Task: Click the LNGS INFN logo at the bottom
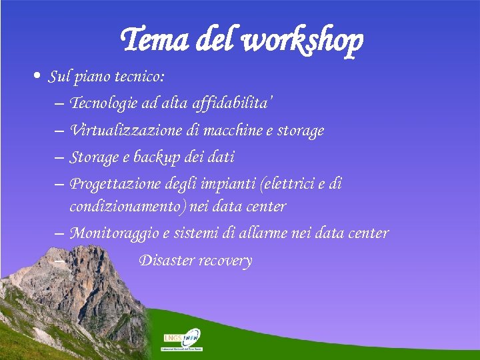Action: click(182, 339)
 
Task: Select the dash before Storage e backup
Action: click(57, 158)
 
